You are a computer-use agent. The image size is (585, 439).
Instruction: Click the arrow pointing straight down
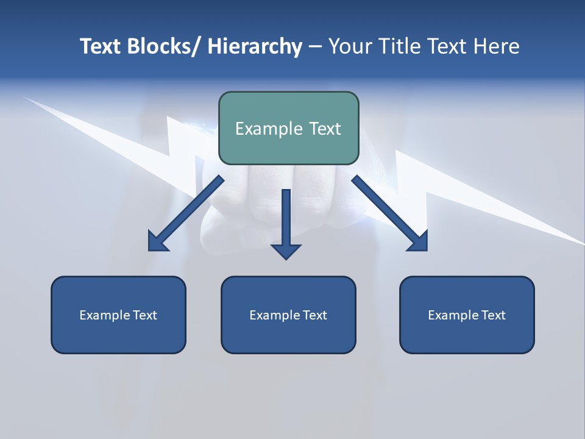coord(286,223)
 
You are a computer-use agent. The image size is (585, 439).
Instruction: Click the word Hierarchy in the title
coord(255,46)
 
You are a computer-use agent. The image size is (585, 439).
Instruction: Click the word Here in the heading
coord(496,46)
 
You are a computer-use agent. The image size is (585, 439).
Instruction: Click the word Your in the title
coord(351,46)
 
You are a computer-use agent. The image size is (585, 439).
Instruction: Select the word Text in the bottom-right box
coord(493,315)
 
